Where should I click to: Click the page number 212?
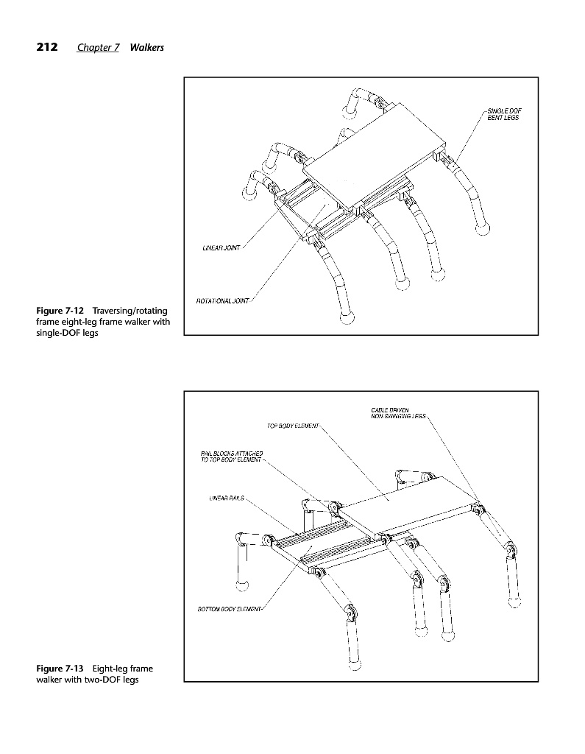[47, 48]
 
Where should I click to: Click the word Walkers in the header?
[146, 48]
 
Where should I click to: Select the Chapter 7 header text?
[98, 48]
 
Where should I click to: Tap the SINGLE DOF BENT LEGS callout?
[505, 114]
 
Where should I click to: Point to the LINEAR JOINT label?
[221, 247]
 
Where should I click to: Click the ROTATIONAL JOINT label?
[222, 300]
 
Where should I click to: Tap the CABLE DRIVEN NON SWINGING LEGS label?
[397, 413]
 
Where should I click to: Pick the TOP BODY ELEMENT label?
[292, 426]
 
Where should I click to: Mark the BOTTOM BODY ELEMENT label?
[230, 609]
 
